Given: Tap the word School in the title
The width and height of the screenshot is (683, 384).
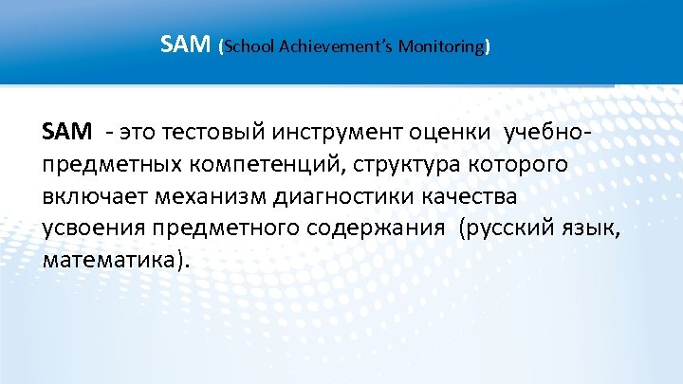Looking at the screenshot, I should pyautogui.click(x=249, y=46).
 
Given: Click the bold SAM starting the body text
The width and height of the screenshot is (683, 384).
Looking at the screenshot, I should pyautogui.click(x=67, y=132).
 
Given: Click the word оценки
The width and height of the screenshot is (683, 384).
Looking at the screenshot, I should pyautogui.click(x=449, y=132).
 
